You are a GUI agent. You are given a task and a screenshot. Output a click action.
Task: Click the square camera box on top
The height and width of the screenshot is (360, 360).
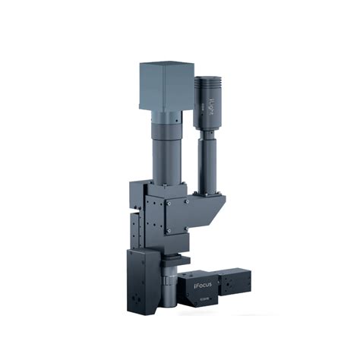click(165, 85)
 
